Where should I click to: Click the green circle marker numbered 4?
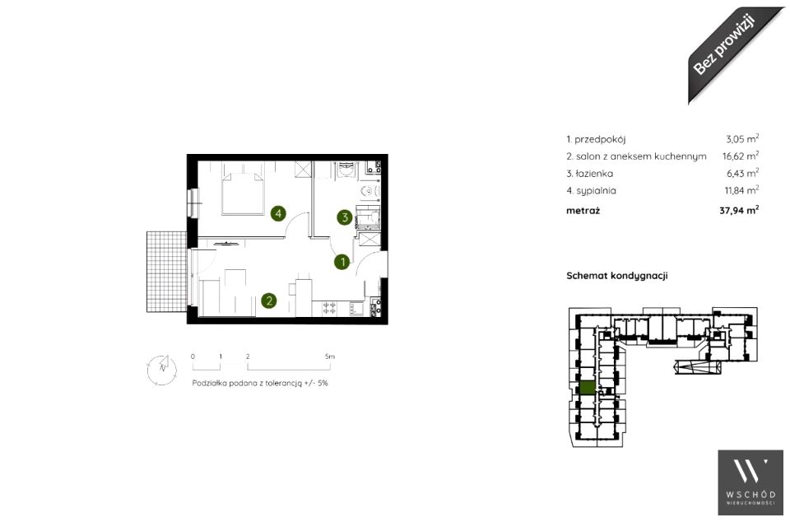tap(278, 213)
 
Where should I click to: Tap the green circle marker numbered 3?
tap(345, 217)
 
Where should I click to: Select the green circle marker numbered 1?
tap(342, 262)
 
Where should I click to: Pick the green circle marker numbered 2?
tap(269, 301)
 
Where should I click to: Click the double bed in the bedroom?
tap(243, 193)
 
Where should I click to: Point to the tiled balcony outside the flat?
tap(167, 272)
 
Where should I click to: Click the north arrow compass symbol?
tap(162, 370)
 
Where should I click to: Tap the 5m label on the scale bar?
tap(330, 357)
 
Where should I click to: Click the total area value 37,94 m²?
tap(739, 210)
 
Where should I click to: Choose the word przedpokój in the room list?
tap(600, 139)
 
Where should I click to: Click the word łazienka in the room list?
tap(594, 174)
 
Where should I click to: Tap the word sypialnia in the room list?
tap(596, 190)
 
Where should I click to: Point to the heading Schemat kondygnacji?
tap(616, 276)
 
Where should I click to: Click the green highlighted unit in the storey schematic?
tap(587, 388)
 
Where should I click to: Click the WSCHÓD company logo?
tap(750, 482)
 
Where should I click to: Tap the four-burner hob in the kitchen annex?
tap(329, 308)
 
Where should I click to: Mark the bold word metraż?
tap(583, 211)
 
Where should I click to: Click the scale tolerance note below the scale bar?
tap(260, 383)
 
